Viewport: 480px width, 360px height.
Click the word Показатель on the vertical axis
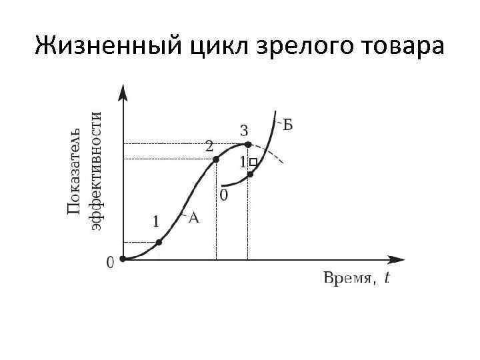(75, 170)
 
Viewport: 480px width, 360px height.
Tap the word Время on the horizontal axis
(347, 279)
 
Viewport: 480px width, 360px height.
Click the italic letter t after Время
(387, 279)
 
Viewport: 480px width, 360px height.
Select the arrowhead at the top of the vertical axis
(123, 91)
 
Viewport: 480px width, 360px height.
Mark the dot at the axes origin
(123, 259)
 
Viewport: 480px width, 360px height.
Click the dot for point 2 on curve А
(215, 159)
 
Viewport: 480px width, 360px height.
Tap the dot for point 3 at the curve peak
(247, 144)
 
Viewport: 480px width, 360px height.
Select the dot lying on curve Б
(250, 175)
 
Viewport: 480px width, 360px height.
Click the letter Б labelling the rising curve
(289, 124)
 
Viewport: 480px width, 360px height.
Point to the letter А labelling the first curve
(194, 217)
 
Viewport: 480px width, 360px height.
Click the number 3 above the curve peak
(244, 129)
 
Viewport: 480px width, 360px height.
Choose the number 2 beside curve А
(209, 145)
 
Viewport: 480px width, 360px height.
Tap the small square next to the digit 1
(253, 162)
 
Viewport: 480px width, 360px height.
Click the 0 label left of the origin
(110, 263)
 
